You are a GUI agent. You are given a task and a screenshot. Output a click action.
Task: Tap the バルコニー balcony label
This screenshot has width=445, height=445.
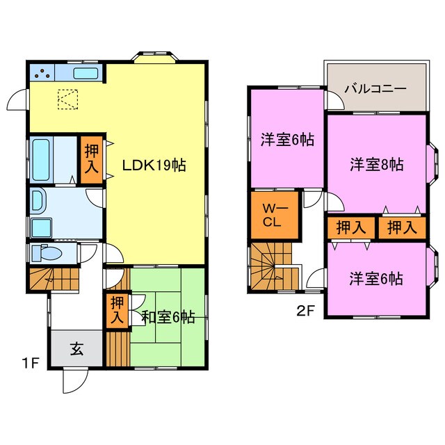[x=375, y=88]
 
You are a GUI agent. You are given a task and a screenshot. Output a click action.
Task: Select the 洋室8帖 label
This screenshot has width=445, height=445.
[x=376, y=165]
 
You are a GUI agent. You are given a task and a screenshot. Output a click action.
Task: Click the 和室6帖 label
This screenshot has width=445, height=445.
[x=168, y=317]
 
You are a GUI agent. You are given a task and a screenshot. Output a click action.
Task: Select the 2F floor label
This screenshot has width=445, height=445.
[x=306, y=312]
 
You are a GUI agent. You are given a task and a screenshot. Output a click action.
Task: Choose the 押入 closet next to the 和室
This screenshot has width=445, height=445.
[x=118, y=310]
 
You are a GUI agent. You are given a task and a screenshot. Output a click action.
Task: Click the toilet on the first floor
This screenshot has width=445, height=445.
[x=52, y=252]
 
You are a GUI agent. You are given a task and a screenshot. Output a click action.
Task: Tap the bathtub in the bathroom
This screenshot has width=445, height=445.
[x=41, y=160]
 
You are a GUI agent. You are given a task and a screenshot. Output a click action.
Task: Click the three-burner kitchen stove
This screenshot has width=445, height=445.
[x=41, y=72]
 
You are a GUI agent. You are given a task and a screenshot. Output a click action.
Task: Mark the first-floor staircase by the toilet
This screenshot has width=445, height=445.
[x=54, y=279]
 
